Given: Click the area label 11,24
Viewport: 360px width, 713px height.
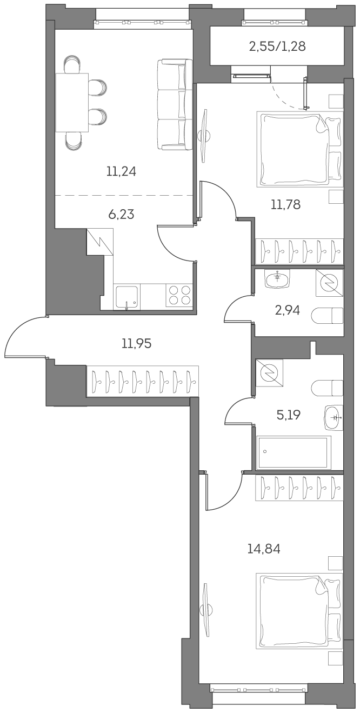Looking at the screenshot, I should point(121,172).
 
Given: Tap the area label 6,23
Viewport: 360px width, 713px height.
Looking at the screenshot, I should point(121,215).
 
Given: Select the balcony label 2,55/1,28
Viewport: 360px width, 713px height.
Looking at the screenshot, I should point(277,46).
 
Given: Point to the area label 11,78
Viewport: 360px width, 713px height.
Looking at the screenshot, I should point(285,204).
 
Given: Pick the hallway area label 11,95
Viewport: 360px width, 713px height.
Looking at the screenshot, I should point(136,343).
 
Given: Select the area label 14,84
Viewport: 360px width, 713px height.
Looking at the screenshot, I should point(264,549).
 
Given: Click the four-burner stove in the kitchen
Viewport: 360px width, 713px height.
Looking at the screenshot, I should point(179,296).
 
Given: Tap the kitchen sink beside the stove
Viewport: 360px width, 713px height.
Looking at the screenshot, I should point(127,297).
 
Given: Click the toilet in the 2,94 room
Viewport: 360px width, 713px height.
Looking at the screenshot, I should point(329,315).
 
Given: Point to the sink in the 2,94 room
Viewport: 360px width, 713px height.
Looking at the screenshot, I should point(277,278).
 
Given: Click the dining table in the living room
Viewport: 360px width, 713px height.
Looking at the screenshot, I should point(72,103).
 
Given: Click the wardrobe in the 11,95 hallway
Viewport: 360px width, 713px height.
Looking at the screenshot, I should point(143,381).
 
